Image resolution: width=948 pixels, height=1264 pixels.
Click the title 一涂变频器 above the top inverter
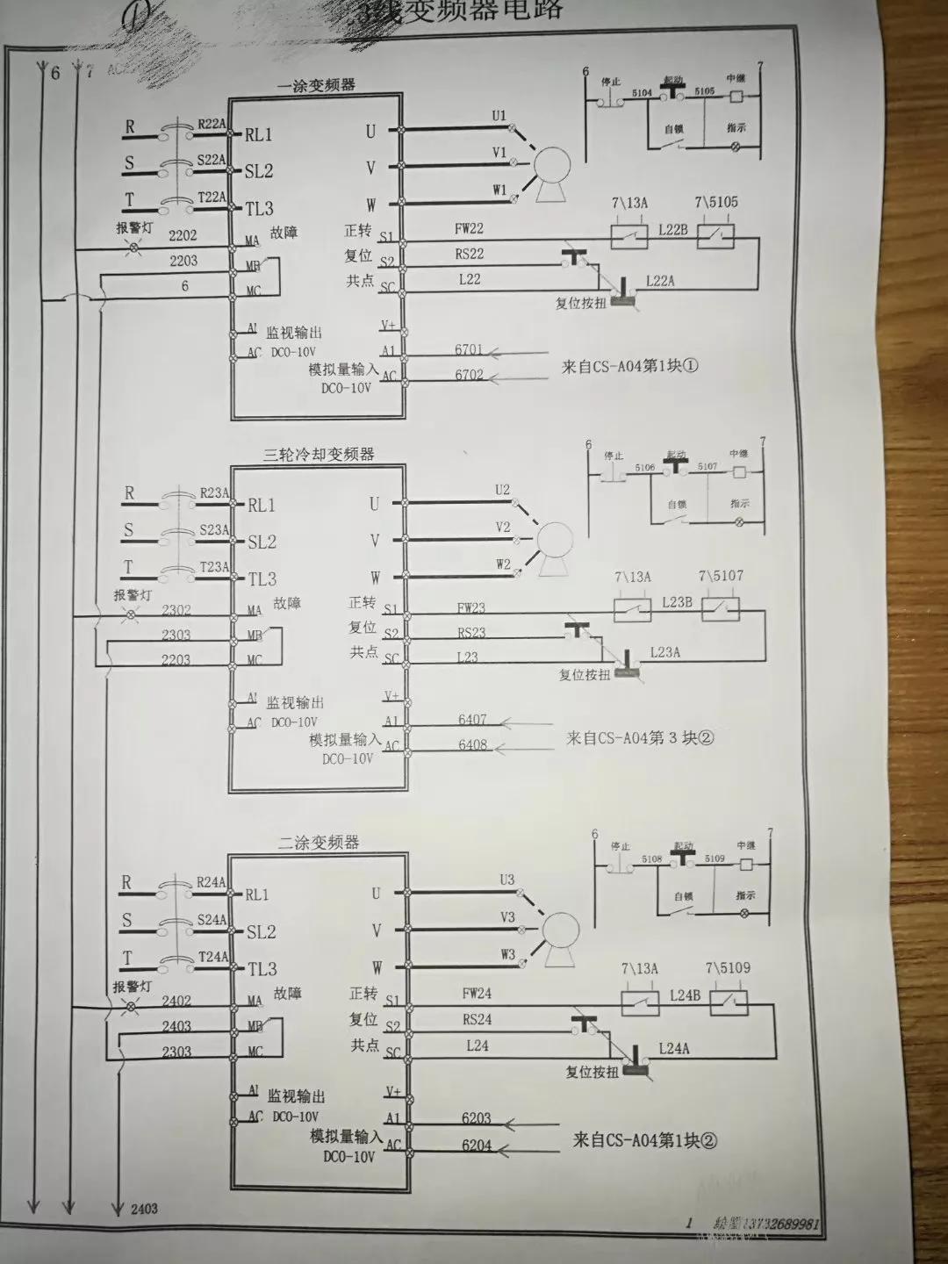[316, 86]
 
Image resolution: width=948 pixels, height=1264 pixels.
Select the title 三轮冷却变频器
[319, 455]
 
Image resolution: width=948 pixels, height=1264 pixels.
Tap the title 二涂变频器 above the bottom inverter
[319, 843]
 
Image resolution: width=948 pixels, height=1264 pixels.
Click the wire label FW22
[469, 228]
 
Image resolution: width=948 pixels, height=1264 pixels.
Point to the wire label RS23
[471, 632]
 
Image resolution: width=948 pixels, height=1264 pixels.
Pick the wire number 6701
[469, 349]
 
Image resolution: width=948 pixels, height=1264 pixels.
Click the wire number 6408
[472, 745]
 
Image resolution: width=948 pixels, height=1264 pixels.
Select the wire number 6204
[477, 1145]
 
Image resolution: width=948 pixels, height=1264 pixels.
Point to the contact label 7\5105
[716, 202]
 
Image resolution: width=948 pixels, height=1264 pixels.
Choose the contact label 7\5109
[728, 968]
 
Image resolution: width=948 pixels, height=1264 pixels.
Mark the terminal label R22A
[212, 125]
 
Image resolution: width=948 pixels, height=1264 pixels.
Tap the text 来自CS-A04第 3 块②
[640, 737]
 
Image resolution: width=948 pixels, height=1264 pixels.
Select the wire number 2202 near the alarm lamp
[183, 235]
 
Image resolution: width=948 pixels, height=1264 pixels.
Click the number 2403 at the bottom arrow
[145, 1209]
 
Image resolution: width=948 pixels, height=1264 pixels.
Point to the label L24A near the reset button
[674, 1048]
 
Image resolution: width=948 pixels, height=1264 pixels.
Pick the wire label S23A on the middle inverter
[214, 530]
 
